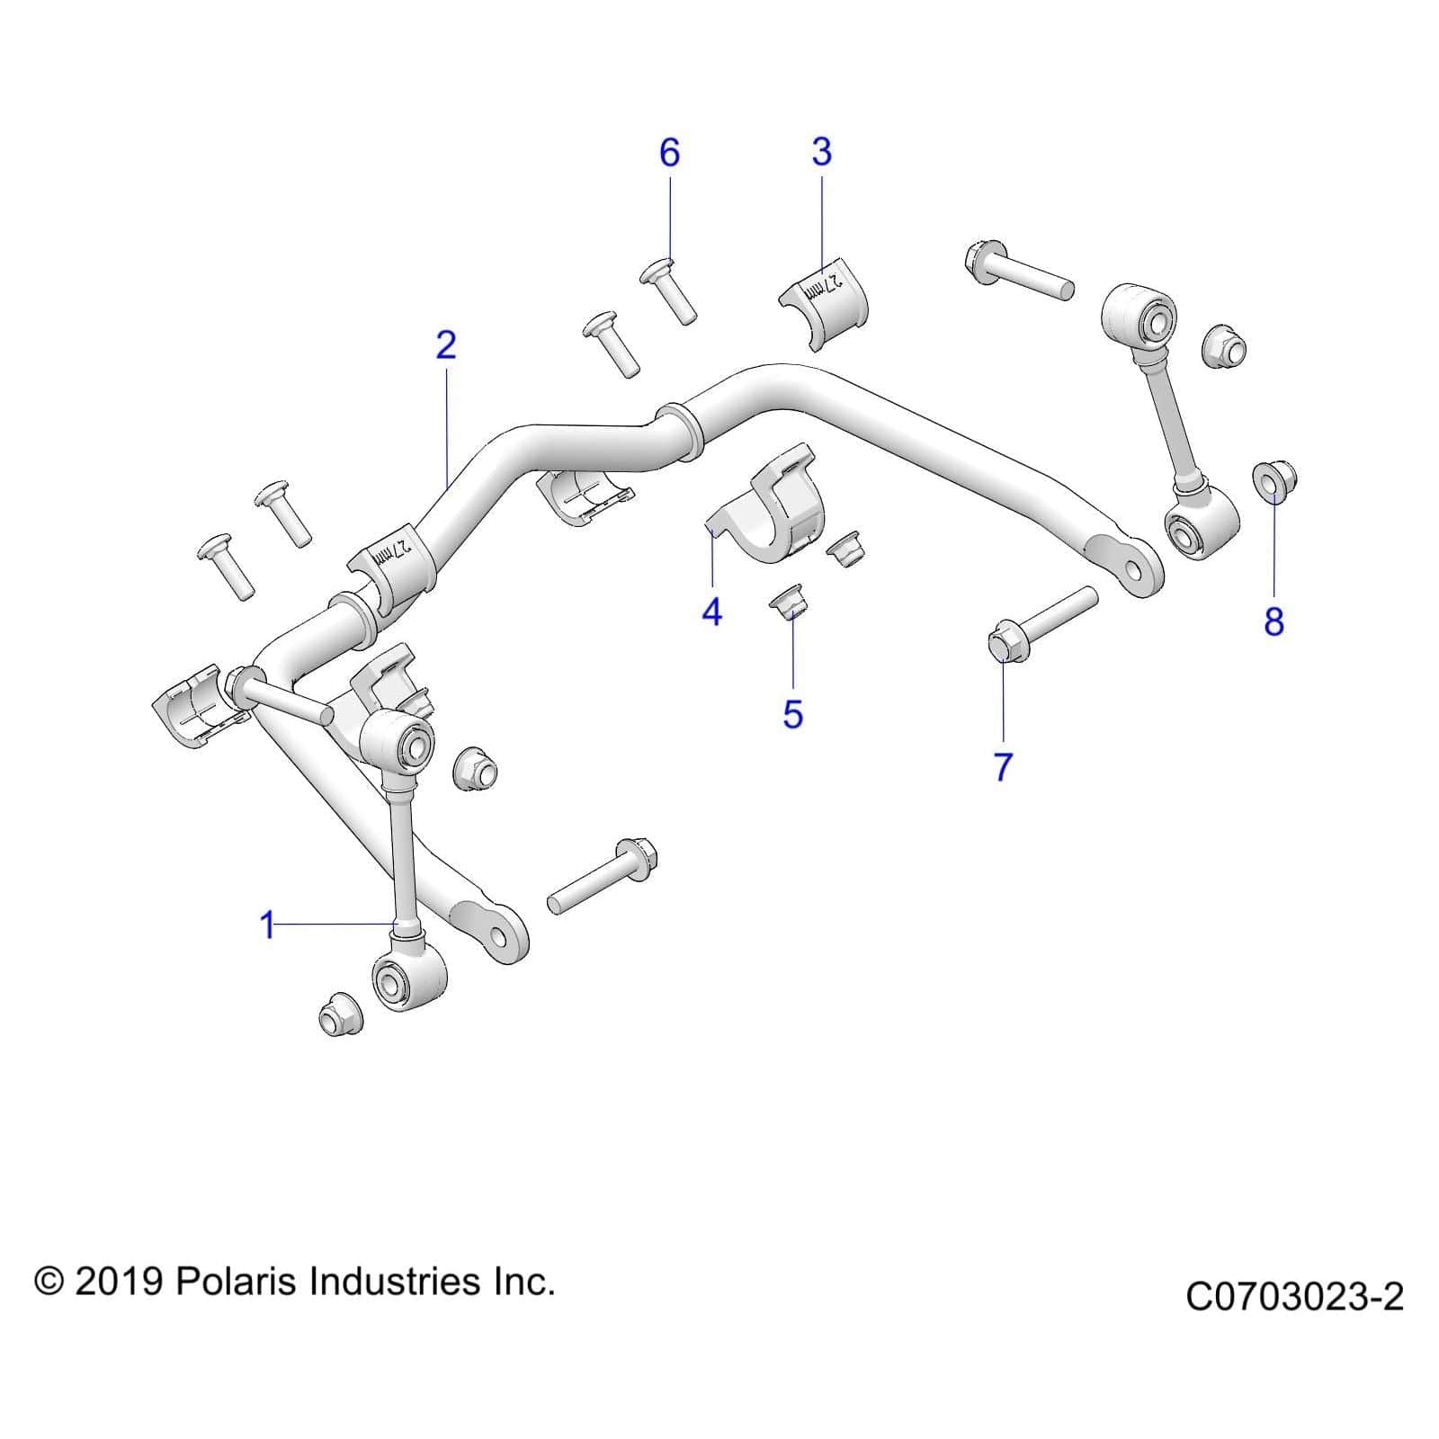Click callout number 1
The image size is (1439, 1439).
(x=267, y=925)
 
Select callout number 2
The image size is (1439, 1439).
(x=446, y=345)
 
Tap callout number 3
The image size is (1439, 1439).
(x=821, y=152)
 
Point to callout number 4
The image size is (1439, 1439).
(x=711, y=612)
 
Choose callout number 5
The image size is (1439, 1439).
(x=792, y=714)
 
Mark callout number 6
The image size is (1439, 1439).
(x=669, y=153)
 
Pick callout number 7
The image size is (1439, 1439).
(x=1003, y=766)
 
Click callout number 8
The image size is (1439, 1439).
(x=1274, y=621)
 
